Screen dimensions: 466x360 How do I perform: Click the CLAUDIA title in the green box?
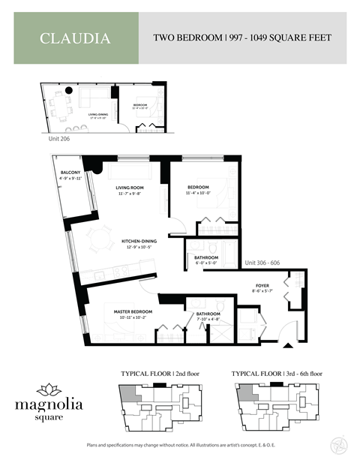pos(75,38)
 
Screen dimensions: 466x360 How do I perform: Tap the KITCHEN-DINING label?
pos(139,242)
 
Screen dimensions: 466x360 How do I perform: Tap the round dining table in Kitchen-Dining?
pos(98,242)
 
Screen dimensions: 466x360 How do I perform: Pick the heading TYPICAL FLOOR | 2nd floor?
pos(160,373)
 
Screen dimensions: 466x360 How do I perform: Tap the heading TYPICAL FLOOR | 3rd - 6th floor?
pos(275,373)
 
